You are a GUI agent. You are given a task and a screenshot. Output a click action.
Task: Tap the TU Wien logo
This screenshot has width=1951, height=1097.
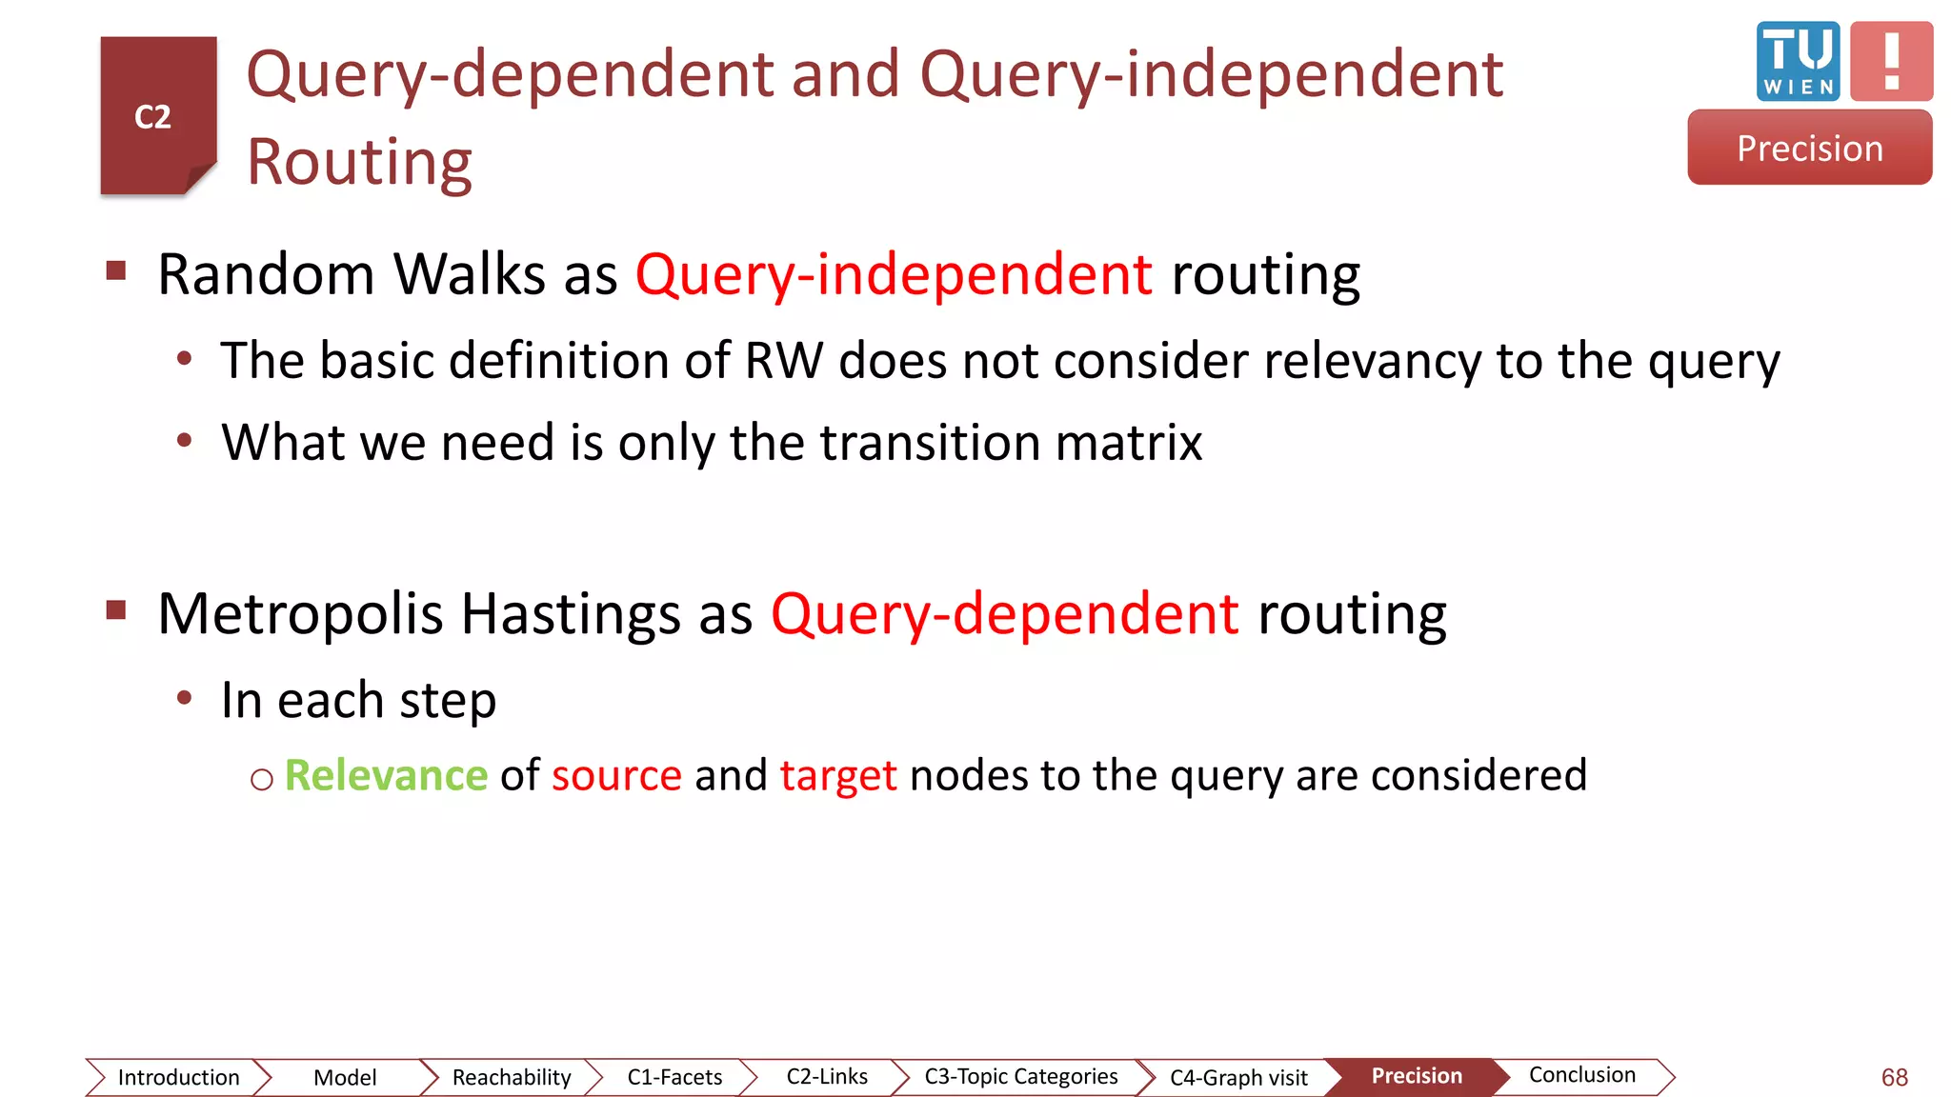1798,61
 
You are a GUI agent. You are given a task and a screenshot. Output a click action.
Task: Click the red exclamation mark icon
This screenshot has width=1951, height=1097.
1891,61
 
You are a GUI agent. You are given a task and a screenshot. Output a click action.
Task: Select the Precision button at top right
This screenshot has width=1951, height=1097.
1809,148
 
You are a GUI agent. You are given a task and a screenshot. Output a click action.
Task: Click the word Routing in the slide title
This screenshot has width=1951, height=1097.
359,162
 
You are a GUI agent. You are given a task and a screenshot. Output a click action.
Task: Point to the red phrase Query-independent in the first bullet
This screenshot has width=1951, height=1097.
894,275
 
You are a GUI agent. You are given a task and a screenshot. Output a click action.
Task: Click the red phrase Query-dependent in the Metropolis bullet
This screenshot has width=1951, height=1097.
1004,613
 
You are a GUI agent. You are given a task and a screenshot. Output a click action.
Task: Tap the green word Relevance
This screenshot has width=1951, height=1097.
386,775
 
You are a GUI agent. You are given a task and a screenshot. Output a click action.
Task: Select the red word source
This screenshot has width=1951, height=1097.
616,775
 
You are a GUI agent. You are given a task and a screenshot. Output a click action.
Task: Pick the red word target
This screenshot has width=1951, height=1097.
838,775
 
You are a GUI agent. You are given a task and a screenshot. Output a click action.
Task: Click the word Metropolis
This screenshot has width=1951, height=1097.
300,613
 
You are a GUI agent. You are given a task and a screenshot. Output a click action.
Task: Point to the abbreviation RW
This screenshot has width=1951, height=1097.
783,361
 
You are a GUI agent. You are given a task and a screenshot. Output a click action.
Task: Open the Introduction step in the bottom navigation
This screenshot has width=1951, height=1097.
178,1077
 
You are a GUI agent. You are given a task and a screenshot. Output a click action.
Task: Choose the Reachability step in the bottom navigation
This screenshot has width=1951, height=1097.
512,1077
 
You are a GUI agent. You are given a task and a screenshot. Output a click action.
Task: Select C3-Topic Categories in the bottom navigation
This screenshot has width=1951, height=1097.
1020,1076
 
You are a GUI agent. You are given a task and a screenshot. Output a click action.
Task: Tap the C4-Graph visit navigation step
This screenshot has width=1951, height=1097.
1238,1077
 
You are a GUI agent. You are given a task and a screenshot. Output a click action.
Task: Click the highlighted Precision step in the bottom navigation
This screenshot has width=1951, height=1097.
1417,1076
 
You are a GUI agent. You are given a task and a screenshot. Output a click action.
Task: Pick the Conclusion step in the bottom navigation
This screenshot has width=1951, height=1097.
1581,1075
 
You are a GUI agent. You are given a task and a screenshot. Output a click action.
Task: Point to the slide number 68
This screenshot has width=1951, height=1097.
1894,1077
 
